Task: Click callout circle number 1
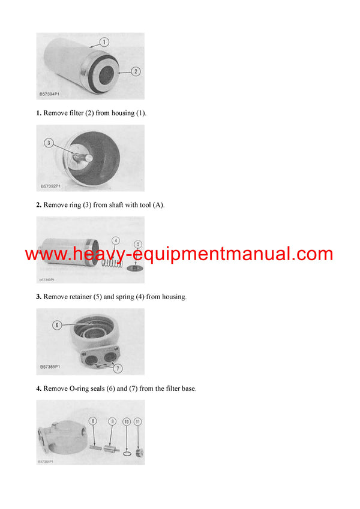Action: pyautogui.click(x=104, y=42)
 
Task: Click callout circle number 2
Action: pyautogui.click(x=136, y=71)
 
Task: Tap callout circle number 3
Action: pyautogui.click(x=50, y=143)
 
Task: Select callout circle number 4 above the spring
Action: pyautogui.click(x=116, y=241)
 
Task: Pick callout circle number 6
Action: pyautogui.click(x=57, y=325)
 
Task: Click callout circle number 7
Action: pyautogui.click(x=118, y=368)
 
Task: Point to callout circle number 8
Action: pyautogui.click(x=93, y=421)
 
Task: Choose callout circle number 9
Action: pyautogui.click(x=112, y=421)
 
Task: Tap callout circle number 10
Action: pyautogui.click(x=127, y=421)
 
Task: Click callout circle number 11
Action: pyautogui.click(x=139, y=421)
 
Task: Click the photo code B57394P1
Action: pyautogui.click(x=50, y=95)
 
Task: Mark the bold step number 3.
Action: pyautogui.click(x=38, y=297)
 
